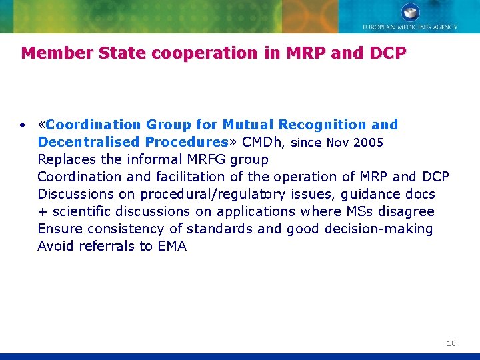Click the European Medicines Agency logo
(410, 17)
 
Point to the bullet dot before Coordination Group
(23, 125)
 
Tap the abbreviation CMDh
(263, 142)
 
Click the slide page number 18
(451, 343)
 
